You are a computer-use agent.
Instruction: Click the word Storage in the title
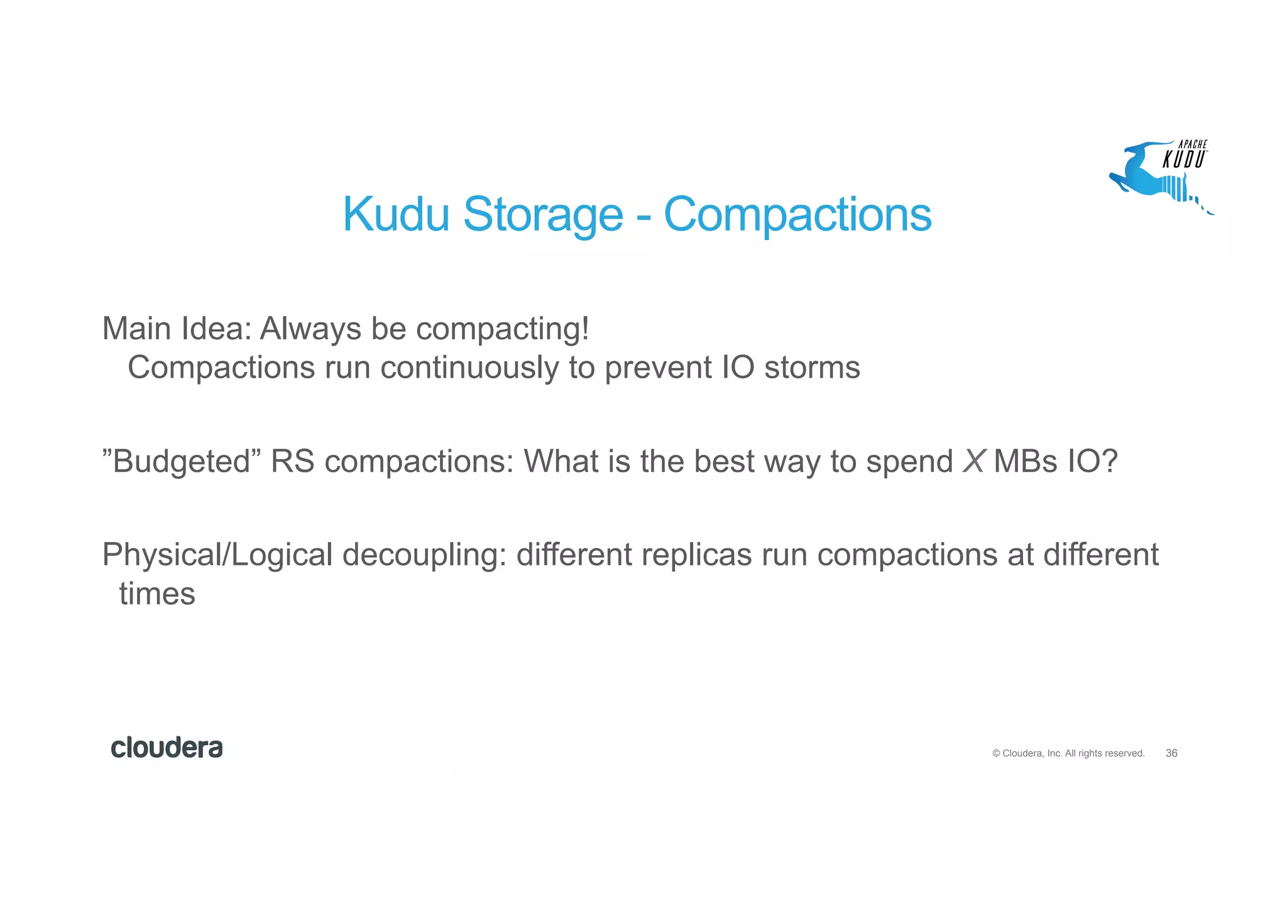(543, 215)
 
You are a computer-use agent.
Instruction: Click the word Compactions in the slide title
(797, 215)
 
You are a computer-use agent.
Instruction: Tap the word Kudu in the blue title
(396, 215)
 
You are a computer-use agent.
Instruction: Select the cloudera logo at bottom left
(167, 748)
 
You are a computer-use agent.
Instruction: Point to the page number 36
(1171, 753)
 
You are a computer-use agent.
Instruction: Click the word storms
(812, 367)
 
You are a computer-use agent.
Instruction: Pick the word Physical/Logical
(217, 555)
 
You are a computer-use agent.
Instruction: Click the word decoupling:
(425, 555)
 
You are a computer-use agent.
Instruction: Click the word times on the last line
(157, 594)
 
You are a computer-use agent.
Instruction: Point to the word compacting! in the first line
(503, 329)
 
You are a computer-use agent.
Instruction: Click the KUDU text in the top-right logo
(1183, 160)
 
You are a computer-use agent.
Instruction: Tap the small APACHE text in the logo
(1192, 144)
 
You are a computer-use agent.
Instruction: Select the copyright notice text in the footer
(1068, 753)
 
